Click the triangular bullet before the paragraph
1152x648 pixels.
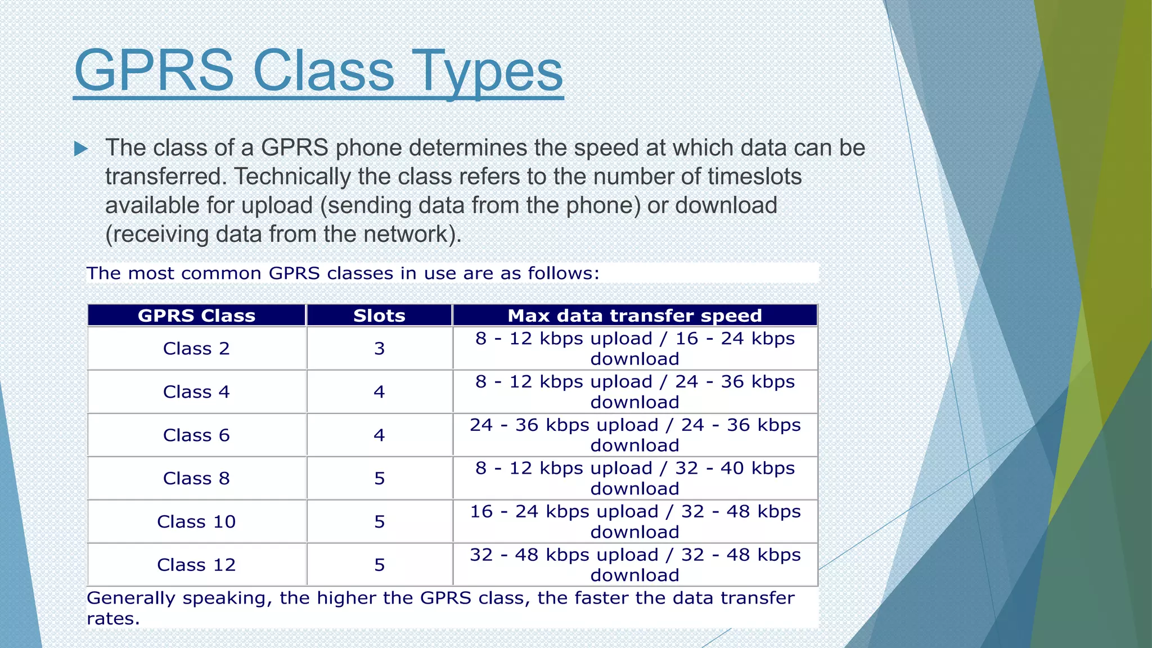[x=81, y=149]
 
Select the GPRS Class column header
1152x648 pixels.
[x=196, y=316]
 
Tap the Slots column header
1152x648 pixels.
[x=379, y=316]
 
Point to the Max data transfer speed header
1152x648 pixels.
[x=634, y=316]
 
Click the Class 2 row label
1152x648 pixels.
[x=196, y=349]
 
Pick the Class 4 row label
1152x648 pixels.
[x=196, y=392]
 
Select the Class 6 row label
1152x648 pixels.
[x=196, y=435]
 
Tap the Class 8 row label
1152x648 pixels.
[x=196, y=479]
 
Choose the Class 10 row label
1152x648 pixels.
[x=196, y=522]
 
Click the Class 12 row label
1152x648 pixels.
[x=196, y=565]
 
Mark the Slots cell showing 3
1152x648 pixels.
[x=379, y=349]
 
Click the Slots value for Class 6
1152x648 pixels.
[x=379, y=435]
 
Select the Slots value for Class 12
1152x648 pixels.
[x=379, y=565]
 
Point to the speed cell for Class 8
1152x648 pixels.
[x=634, y=478]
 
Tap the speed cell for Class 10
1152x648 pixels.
[x=634, y=521]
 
